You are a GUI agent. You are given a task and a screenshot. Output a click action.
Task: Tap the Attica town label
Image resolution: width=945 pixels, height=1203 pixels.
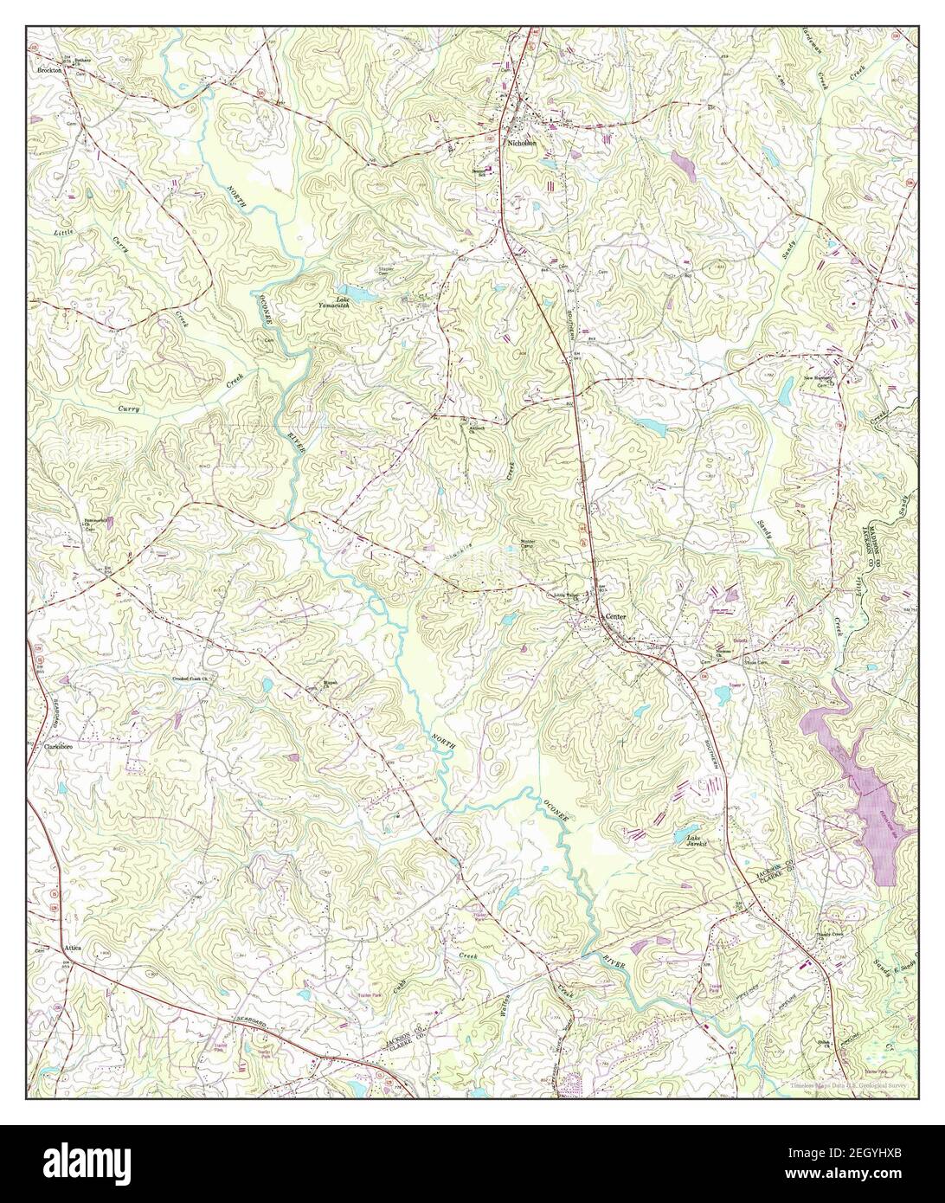[73, 949]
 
